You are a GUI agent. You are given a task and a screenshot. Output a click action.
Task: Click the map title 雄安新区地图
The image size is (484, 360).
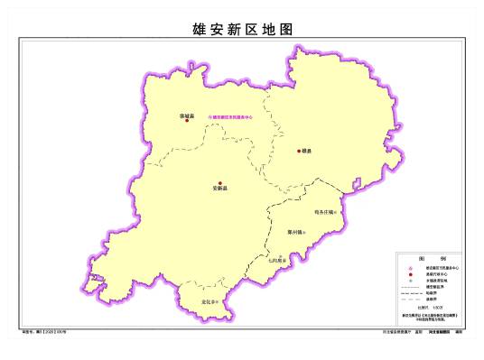pos(243,29)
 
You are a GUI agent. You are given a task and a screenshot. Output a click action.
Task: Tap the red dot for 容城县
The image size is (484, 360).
pos(188,121)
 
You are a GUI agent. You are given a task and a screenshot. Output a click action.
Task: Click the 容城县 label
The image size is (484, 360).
pos(188,115)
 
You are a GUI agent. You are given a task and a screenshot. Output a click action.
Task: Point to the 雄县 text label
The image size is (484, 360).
pos(307,152)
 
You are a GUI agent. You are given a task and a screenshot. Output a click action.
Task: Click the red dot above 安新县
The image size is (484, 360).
pos(219,183)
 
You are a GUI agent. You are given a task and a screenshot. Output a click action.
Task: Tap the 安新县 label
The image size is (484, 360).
pos(219,189)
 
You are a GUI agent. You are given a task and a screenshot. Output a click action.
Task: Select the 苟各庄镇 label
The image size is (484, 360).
pos(323,213)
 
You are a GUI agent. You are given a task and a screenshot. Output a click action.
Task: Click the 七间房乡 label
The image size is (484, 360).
pos(276,260)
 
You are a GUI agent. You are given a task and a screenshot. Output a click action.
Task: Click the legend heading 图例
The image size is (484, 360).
pos(431,258)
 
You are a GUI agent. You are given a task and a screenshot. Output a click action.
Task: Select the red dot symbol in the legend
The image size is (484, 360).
pos(410,275)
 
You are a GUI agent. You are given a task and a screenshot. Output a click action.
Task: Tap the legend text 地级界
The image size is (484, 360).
pos(432,293)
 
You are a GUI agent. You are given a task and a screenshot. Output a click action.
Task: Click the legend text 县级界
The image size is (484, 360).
pos(432,300)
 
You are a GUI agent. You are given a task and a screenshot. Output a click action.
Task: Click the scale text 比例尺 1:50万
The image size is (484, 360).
pos(430,308)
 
